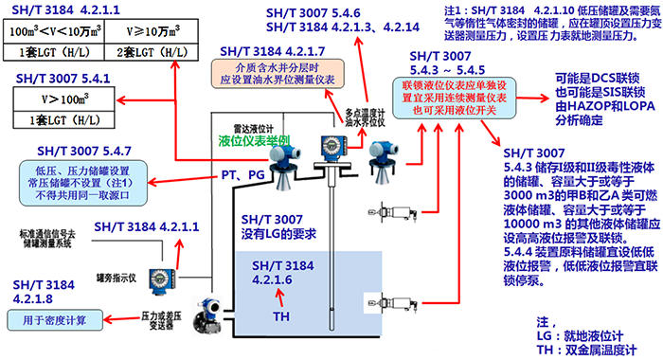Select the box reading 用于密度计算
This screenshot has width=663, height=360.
point(61,318)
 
